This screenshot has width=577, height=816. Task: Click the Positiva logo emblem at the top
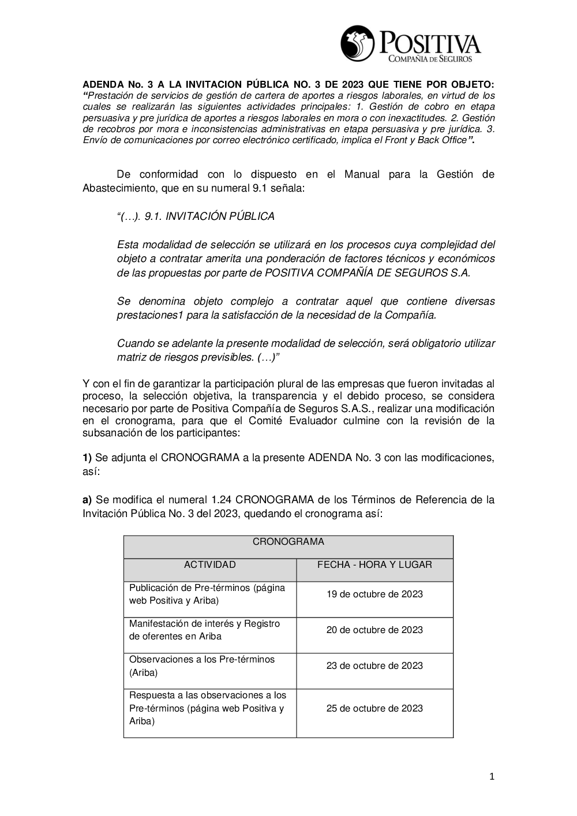click(357, 43)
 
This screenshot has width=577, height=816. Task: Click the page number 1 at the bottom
click(492, 777)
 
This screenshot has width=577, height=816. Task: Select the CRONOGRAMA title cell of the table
click(288, 542)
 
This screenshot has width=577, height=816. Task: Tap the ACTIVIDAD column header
click(209, 565)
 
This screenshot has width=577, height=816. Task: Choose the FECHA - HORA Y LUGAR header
click(374, 565)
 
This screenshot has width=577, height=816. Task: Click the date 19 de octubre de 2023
click(374, 594)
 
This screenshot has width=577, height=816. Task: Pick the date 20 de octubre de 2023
click(374, 630)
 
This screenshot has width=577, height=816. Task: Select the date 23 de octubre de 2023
click(374, 666)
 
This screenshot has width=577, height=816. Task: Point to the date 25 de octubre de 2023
click(374, 709)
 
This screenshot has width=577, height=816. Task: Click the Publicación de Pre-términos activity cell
click(207, 594)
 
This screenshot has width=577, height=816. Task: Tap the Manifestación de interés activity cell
click(204, 630)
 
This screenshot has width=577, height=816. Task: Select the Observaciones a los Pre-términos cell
click(201, 666)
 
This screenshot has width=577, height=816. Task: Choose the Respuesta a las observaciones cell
click(207, 709)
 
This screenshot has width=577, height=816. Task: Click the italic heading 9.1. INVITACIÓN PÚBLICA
click(196, 216)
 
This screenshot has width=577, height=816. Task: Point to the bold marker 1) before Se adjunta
click(87, 458)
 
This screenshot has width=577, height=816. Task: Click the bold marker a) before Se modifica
click(87, 500)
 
